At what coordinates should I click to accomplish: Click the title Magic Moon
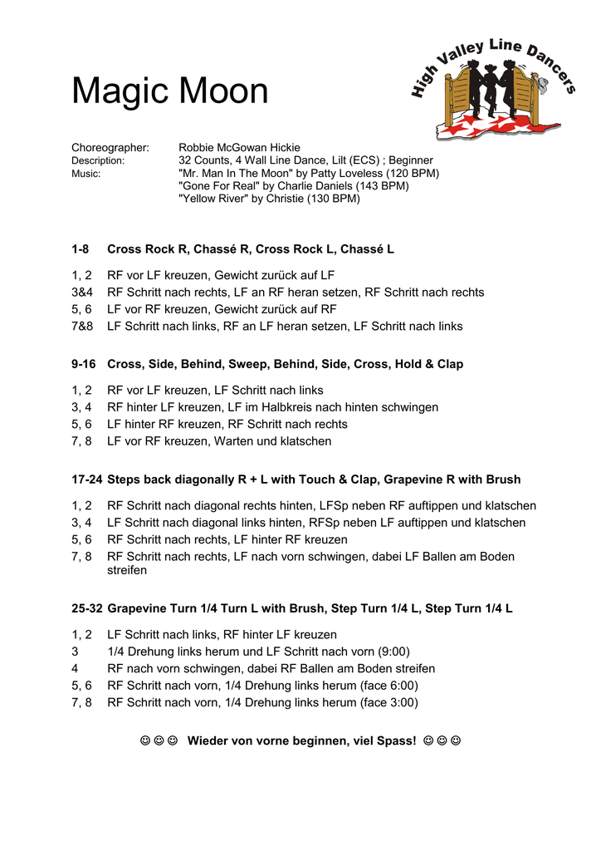tap(170, 91)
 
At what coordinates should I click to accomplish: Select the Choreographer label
tap(110, 148)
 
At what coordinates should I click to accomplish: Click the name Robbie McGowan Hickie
tap(240, 148)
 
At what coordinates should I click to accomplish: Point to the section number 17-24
tap(86, 480)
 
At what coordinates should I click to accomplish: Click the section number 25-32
tap(86, 608)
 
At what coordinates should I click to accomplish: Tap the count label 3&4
tap(82, 293)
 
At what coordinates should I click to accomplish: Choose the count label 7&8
tap(82, 326)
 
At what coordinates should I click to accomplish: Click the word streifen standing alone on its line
tap(127, 571)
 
